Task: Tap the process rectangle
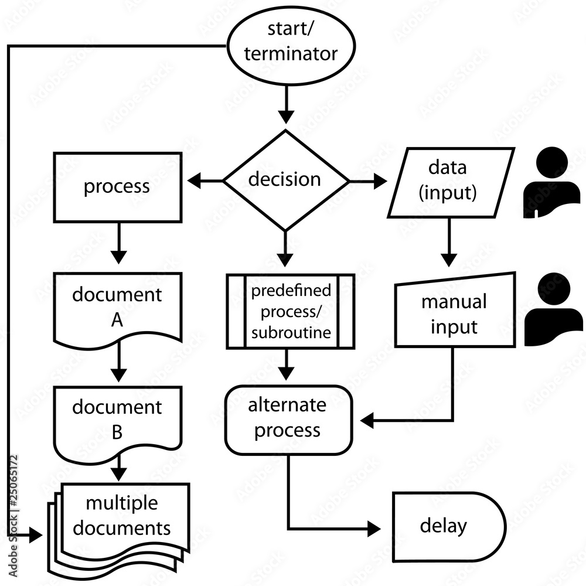[x=117, y=187]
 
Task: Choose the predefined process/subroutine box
[x=291, y=312]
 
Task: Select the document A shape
[x=117, y=305]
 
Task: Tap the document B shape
[x=117, y=419]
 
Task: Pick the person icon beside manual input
[x=552, y=309]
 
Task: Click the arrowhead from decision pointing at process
[x=193, y=181]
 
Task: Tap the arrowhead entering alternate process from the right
[x=367, y=420]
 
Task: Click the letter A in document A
[x=117, y=320]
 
